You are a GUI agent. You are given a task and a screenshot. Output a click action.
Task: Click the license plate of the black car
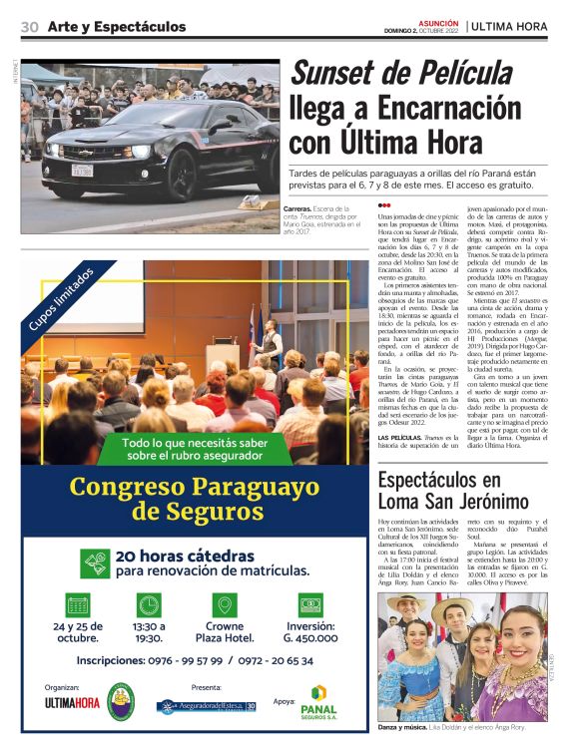tap(82, 170)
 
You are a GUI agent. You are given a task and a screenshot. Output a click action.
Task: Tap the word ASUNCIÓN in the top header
tap(437, 21)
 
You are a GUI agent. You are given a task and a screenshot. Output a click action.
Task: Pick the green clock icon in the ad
tap(149, 604)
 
